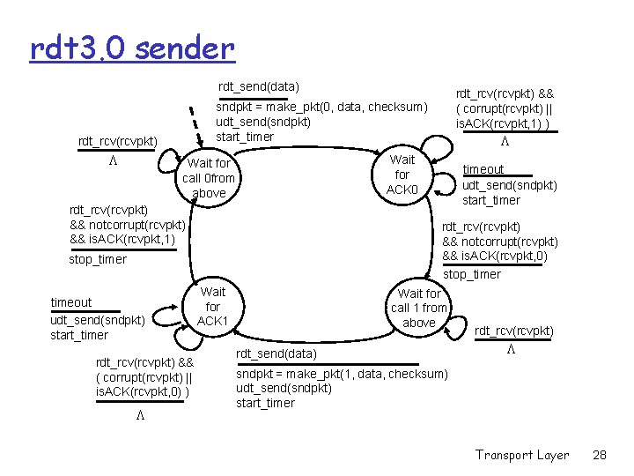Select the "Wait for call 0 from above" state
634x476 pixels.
209,178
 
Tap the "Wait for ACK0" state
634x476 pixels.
402,175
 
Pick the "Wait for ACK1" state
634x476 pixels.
213,306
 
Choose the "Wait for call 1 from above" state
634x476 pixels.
419,308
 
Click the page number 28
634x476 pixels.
601,455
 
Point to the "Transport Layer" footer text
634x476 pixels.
522,455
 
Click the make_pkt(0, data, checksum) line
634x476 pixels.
321,107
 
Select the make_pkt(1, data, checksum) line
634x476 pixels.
342,374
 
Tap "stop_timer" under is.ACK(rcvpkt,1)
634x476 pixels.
98,259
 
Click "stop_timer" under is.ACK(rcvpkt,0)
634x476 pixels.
472,274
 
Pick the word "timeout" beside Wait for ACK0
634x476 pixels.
483,169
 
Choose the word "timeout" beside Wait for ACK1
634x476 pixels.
71,302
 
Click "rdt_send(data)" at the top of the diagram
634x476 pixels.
259,86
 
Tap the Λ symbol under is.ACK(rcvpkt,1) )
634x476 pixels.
505,142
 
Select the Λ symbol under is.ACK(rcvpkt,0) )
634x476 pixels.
140,415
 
